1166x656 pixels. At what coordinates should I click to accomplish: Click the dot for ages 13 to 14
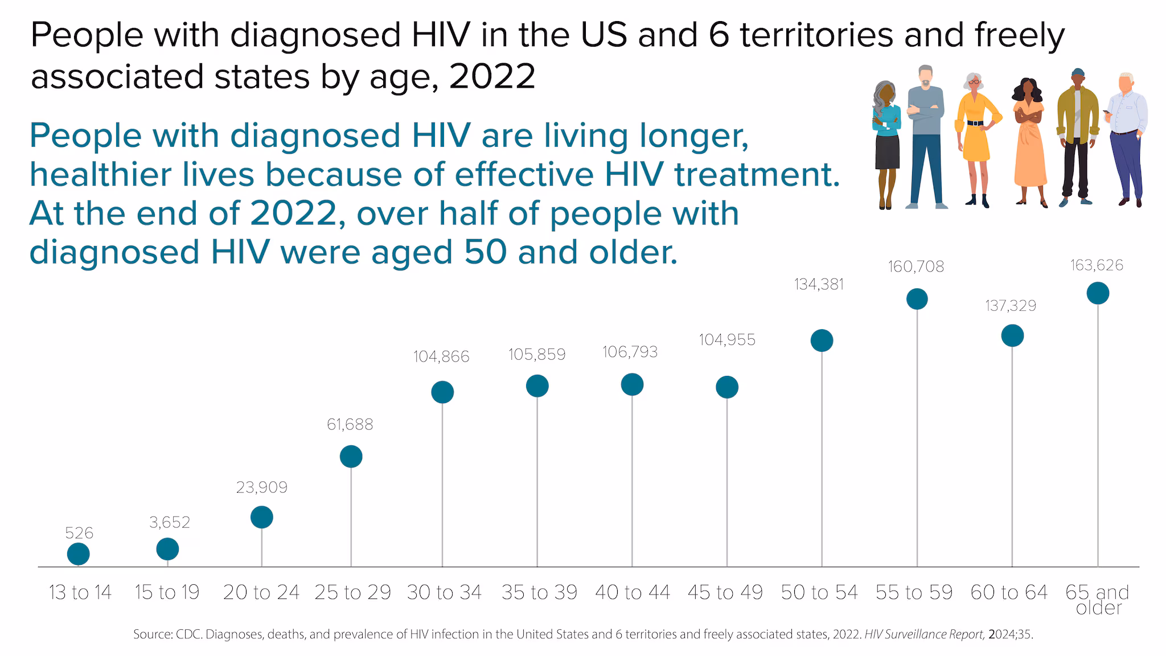79,553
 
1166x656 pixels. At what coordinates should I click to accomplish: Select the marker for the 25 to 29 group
351,457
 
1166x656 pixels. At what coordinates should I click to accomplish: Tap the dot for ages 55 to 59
917,299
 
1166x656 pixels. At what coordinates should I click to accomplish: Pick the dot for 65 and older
1098,293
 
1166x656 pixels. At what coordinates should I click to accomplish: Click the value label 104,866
441,357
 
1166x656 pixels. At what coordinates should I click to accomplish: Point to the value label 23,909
262,487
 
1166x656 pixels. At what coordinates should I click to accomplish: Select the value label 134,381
819,285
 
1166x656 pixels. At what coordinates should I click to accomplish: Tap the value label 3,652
170,523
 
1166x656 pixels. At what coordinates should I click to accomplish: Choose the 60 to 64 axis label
1009,593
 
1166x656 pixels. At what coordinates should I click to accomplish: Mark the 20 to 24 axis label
261,593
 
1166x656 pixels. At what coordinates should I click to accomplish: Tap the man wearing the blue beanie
1077,137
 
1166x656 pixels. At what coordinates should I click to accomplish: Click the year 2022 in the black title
492,76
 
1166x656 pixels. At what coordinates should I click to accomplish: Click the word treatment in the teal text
757,175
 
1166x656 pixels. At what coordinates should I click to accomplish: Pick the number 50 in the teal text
485,252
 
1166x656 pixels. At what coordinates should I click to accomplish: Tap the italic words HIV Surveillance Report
925,634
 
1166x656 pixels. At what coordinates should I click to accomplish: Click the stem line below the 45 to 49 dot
727,484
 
